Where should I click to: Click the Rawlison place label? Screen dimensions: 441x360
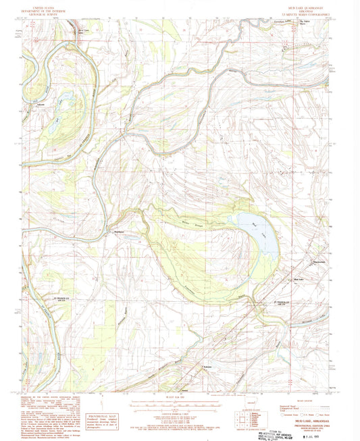(x=121, y=232)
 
